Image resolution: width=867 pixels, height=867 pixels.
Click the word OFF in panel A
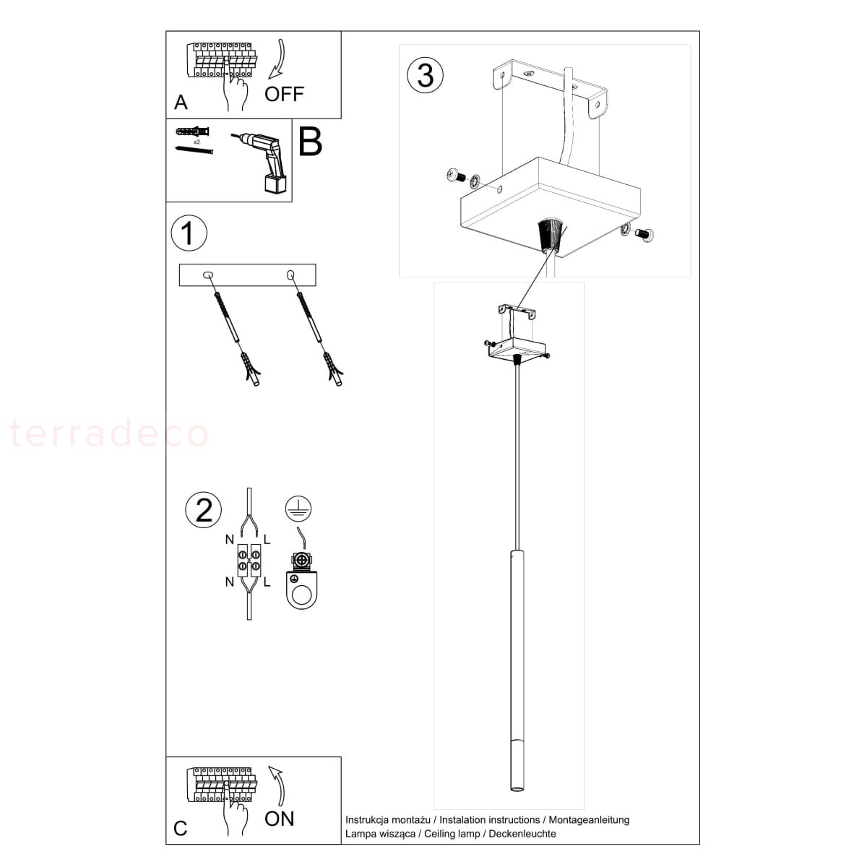tap(284, 94)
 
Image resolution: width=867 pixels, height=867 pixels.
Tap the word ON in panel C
tap(279, 819)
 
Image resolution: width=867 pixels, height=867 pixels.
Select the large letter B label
tap(311, 142)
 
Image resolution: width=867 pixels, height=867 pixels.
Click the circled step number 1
tap(189, 233)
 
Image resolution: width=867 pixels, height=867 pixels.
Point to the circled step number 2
tap(203, 510)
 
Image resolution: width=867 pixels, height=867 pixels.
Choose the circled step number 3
tap(425, 75)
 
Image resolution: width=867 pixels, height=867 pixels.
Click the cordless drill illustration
tap(262, 163)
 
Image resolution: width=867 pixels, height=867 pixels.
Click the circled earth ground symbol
tap(298, 509)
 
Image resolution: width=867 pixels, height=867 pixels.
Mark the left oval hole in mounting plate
tap(208, 275)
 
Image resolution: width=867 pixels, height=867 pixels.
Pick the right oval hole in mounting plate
tap(290, 274)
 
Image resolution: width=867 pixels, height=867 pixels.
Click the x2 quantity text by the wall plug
tap(197, 142)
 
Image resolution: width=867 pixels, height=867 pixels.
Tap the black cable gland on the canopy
tap(549, 235)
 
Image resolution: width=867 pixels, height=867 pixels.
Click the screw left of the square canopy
tap(456, 175)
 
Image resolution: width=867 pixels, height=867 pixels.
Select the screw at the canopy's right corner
tap(644, 234)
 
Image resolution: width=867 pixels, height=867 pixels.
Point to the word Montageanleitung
tap(589, 820)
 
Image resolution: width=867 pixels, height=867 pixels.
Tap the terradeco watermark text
tap(109, 433)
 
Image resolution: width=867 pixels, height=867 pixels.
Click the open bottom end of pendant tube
tap(517, 801)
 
